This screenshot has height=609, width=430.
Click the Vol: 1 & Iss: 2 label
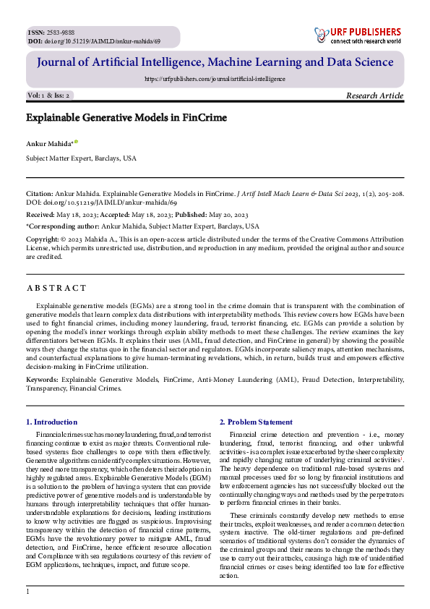point(49,95)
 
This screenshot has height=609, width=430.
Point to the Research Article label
point(375,95)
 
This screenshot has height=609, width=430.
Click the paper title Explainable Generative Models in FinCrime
point(126,117)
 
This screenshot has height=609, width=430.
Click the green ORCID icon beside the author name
point(76,142)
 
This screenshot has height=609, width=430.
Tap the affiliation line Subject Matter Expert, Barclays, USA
point(81,158)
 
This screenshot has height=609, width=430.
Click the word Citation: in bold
point(40,194)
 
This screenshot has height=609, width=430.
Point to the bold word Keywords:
point(43,379)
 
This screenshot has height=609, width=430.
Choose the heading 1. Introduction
point(51,422)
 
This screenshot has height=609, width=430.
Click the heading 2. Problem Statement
point(256,422)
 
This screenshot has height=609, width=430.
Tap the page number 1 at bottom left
point(27,592)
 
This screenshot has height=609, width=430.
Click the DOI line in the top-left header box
point(93,41)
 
